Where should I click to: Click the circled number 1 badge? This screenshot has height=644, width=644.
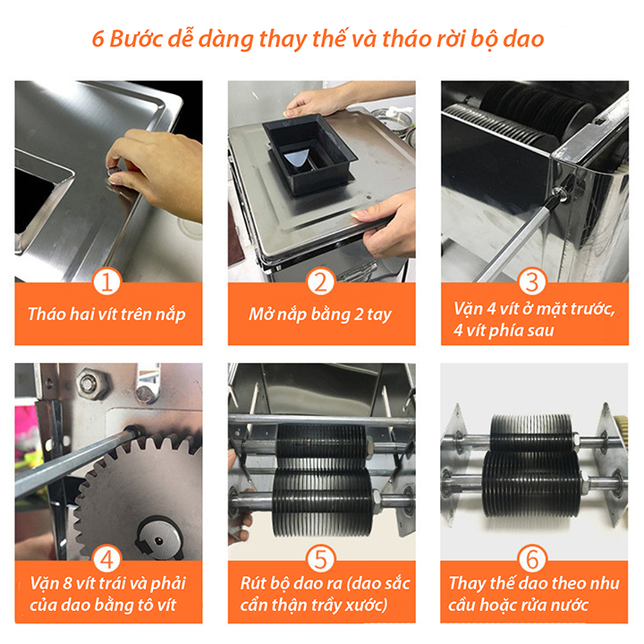coord(107,283)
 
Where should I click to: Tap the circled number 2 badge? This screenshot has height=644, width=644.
coord(320,283)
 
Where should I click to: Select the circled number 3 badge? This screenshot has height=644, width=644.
coord(533,283)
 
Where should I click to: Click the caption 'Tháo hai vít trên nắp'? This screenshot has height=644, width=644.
coord(107,315)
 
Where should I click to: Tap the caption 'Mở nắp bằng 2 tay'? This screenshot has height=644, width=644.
coord(320,315)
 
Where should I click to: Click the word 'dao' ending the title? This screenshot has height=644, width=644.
coord(523,40)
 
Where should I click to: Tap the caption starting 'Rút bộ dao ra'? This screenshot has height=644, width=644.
coord(320,595)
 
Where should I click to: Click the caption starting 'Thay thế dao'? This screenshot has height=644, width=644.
coord(533,595)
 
